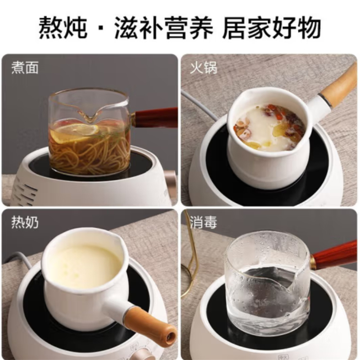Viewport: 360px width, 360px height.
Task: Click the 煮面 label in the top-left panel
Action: click(x=25, y=67)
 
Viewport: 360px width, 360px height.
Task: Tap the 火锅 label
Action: click(x=203, y=67)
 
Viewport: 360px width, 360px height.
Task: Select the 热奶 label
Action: click(x=25, y=222)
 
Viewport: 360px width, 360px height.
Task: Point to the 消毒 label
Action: click(x=203, y=222)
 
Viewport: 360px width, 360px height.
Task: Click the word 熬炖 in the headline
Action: click(x=63, y=27)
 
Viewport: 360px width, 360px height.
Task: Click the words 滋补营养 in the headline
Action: click(x=164, y=27)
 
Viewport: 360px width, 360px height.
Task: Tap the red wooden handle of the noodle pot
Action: click(x=156, y=117)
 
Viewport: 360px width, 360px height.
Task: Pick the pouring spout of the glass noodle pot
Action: click(x=89, y=115)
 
